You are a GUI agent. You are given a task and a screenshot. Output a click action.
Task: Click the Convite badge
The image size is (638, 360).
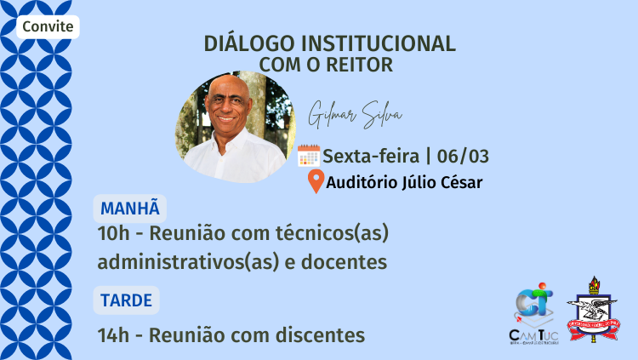click(48, 27)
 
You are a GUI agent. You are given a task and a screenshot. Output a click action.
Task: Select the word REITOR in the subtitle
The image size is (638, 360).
click(364, 64)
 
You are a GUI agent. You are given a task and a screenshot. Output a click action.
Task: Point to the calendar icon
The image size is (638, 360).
click(309, 156)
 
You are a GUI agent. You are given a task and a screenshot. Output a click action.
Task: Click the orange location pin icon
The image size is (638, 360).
click(316, 182)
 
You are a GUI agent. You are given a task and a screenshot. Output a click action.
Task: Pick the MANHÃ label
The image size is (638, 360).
click(130, 209)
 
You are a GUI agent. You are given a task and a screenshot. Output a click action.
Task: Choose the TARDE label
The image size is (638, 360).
click(126, 300)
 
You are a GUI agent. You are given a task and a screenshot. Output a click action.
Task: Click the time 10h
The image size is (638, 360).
click(113, 232)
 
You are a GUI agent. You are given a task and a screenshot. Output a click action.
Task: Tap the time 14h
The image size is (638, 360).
click(113, 334)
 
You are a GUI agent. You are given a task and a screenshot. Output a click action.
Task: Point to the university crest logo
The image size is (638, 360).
click(594, 311)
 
